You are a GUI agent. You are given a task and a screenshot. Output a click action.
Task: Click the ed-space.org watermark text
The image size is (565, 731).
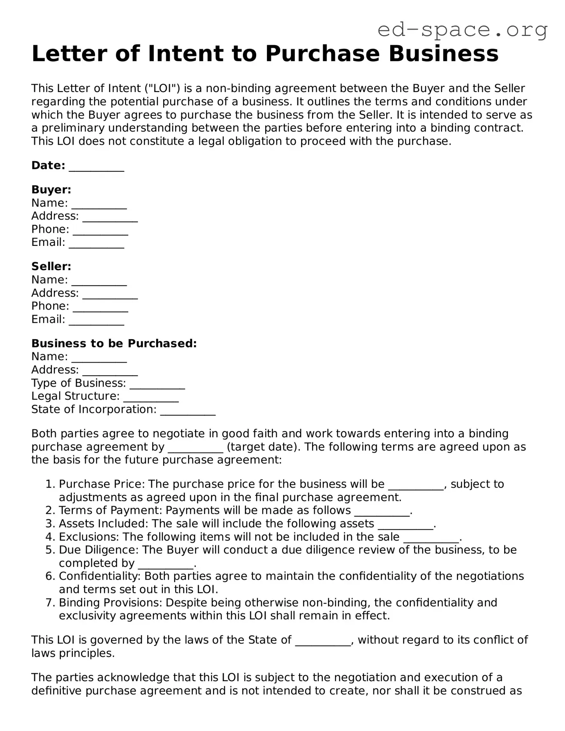point(462,30)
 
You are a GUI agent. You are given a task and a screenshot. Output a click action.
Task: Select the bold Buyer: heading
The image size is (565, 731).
point(51,190)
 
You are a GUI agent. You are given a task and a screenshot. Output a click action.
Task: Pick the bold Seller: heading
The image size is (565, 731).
point(51,266)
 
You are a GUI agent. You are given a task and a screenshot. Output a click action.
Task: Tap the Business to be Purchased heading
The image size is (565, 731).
point(114,343)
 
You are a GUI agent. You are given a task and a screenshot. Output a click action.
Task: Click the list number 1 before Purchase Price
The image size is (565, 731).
point(50,484)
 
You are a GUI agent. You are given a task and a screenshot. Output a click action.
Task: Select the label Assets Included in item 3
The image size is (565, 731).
point(103,524)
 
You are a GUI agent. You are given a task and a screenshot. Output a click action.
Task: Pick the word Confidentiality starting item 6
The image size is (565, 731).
point(100,576)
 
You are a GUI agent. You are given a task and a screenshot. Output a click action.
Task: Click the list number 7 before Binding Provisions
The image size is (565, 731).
point(50,603)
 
